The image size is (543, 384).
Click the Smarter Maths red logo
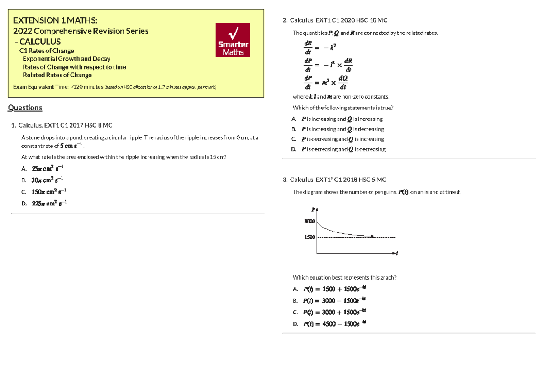(x=233, y=41)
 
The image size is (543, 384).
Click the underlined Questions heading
(x=25, y=108)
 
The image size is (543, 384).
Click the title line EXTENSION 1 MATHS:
(x=54, y=20)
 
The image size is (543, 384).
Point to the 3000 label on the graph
(x=310, y=221)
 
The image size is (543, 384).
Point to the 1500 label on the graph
(x=310, y=237)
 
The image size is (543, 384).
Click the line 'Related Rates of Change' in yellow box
(x=57, y=75)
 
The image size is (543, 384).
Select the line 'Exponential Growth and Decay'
(x=66, y=59)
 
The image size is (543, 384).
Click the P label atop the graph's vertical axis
(x=313, y=209)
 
